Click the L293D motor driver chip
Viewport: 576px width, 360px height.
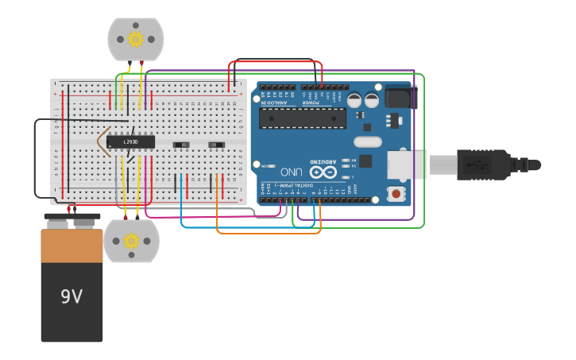130,141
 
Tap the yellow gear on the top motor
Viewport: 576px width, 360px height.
136,39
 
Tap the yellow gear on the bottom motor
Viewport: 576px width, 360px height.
132,241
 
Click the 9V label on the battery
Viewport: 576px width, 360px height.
72,296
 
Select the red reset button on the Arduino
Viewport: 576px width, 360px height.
395,193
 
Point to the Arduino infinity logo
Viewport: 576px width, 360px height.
323,172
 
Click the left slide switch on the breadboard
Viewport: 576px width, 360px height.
181,145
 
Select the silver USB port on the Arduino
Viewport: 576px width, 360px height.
408,165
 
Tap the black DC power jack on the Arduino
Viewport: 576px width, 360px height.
400,97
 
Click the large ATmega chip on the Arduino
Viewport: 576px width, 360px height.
302,118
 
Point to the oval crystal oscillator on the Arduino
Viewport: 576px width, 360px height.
367,142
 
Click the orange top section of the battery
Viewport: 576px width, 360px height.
72,246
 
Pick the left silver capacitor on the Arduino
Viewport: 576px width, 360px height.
354,100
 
